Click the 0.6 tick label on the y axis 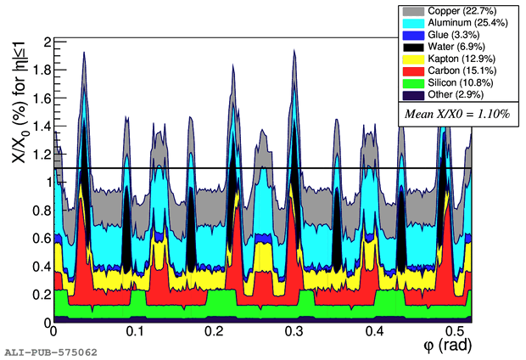tap(39, 239)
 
